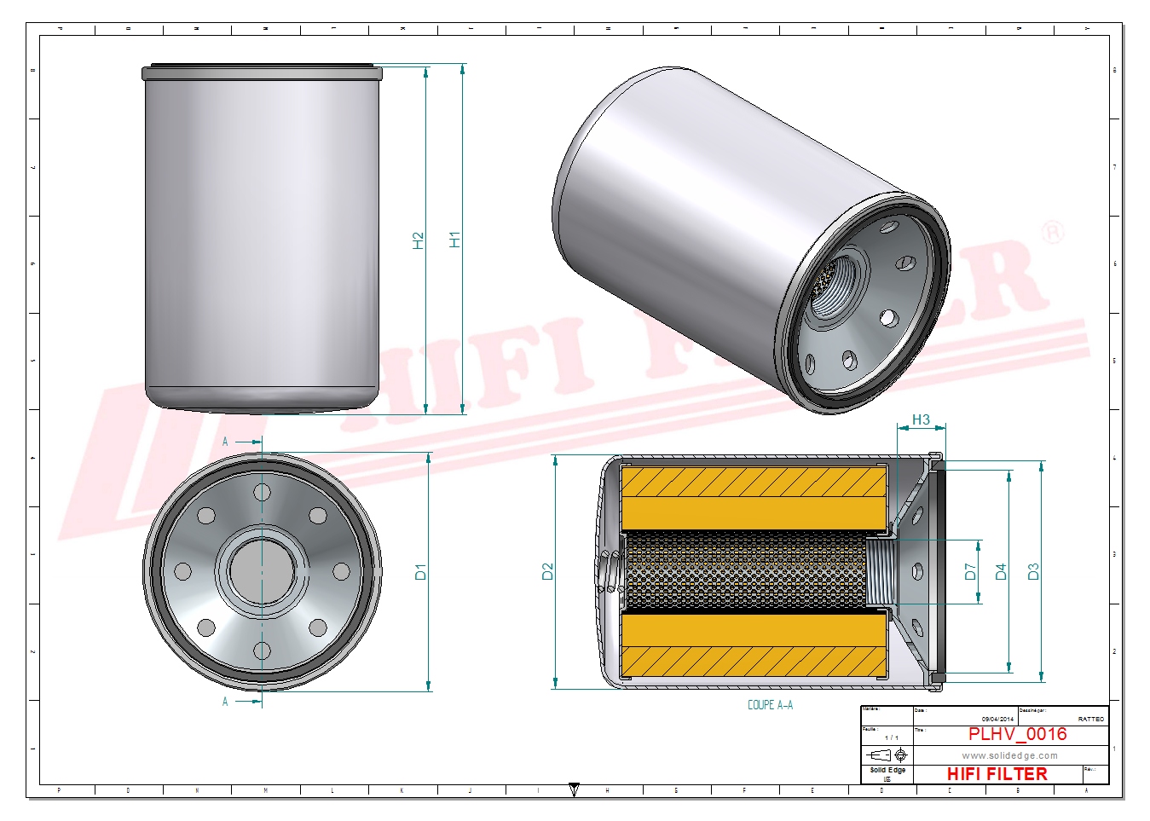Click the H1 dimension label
click(455, 240)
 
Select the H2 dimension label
click(418, 240)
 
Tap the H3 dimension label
click(921, 419)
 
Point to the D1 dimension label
click(420, 572)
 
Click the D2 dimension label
click(547, 572)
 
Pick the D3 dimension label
click(1033, 572)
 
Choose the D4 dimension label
click(1001, 572)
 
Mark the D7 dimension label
click(970, 572)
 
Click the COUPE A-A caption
click(770, 705)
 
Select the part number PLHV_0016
click(1017, 734)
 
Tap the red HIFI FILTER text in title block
click(997, 774)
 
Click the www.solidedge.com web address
click(1009, 755)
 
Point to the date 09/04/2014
click(997, 719)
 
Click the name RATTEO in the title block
click(1090, 719)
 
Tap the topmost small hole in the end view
click(262, 493)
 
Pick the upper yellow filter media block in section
click(754, 497)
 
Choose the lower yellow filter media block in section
click(754, 645)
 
